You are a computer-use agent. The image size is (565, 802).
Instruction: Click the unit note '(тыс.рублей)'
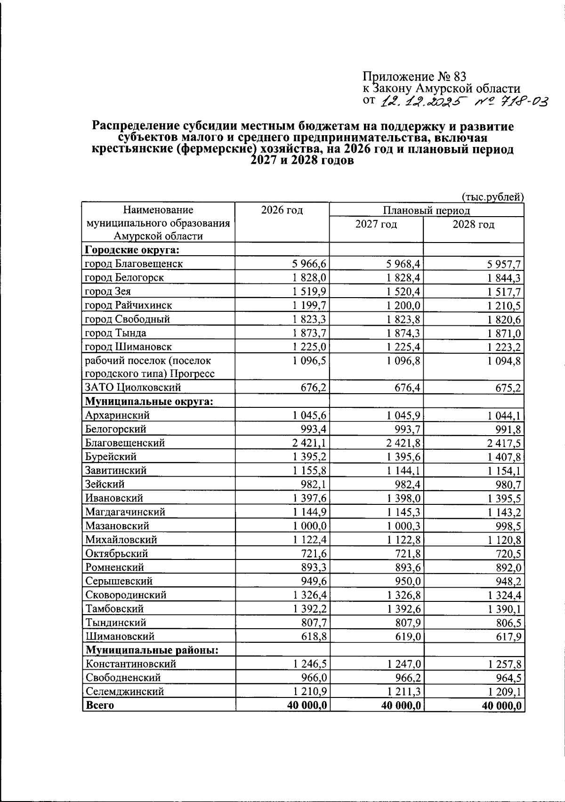(x=492, y=197)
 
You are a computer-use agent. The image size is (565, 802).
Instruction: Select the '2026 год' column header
(x=282, y=211)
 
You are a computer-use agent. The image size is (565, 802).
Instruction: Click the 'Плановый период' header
(x=426, y=211)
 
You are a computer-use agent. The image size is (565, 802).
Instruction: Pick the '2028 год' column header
(x=473, y=225)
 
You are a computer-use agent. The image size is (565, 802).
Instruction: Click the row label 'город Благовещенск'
(x=134, y=264)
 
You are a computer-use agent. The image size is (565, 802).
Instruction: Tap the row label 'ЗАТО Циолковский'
(x=133, y=388)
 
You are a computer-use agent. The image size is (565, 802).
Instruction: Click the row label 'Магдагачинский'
(x=125, y=512)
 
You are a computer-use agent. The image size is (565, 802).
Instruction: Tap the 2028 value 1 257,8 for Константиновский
(x=504, y=664)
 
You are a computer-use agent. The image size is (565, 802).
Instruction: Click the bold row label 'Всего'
(x=100, y=705)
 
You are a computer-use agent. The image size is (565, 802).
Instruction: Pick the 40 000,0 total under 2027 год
(x=397, y=705)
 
